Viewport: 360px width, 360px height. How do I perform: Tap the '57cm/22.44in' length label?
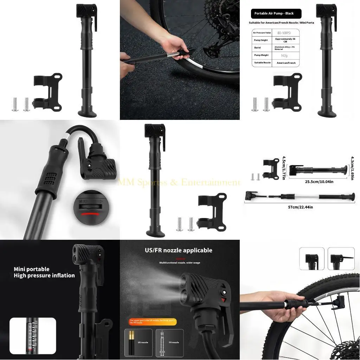pyautogui.click(x=300, y=207)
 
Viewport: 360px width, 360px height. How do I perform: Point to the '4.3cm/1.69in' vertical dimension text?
pyautogui.click(x=352, y=168)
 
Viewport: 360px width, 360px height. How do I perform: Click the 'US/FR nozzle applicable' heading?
pyautogui.click(x=179, y=250)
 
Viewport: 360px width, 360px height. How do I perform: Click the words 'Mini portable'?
pyautogui.click(x=32, y=269)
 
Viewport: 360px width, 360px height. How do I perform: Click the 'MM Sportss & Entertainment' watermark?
pyautogui.click(x=179, y=182)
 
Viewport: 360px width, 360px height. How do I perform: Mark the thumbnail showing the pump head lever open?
pyautogui.click(x=341, y=258)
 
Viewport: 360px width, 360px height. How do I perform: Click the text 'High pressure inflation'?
pyautogui.click(x=44, y=276)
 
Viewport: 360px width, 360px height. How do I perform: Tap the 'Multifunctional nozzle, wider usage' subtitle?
pyautogui.click(x=180, y=263)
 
